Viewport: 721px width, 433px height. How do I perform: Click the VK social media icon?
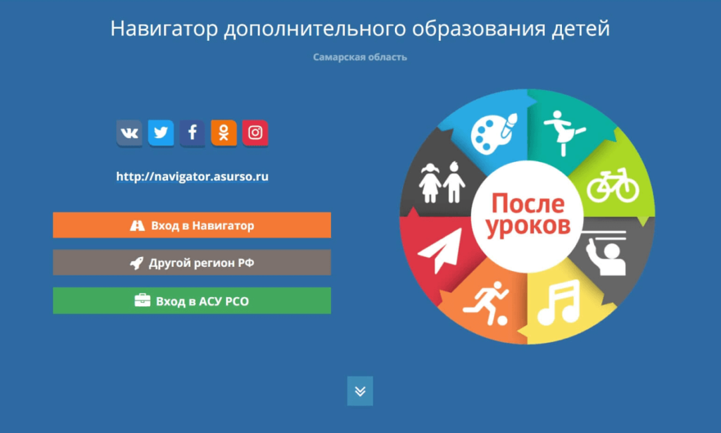click(x=130, y=133)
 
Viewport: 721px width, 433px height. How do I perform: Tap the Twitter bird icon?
click(x=161, y=133)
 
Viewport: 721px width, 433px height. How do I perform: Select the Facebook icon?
click(x=192, y=133)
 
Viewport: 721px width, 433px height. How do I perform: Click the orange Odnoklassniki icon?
click(x=224, y=133)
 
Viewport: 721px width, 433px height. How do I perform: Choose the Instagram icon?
click(x=255, y=133)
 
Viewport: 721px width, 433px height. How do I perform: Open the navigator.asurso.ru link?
click(x=192, y=177)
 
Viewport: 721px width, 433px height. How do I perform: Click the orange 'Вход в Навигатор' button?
click(x=192, y=225)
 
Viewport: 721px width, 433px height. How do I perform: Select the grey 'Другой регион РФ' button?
click(x=192, y=263)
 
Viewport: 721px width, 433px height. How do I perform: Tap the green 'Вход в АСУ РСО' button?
click(x=192, y=301)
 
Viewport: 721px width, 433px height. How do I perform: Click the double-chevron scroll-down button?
click(x=360, y=391)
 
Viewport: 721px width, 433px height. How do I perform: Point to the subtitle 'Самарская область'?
click(x=360, y=57)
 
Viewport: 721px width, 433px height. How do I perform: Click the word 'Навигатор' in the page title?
click(x=164, y=28)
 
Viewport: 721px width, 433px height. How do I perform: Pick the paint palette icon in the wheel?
click(x=494, y=132)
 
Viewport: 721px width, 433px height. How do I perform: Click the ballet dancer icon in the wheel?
click(x=564, y=132)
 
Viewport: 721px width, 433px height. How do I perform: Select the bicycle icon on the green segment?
click(x=613, y=185)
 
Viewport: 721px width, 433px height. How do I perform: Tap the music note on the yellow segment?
click(x=559, y=302)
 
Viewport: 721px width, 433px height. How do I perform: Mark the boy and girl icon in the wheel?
click(x=442, y=182)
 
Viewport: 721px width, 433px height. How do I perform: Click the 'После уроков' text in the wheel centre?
click(x=528, y=215)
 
